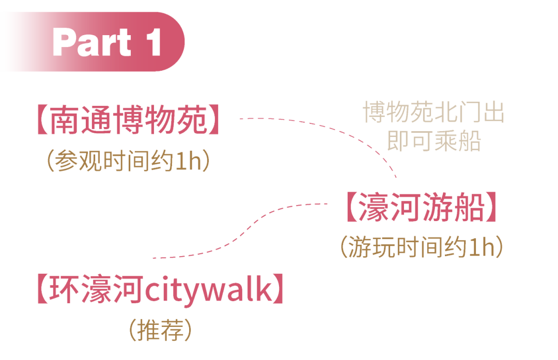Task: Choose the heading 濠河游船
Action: coord(422,207)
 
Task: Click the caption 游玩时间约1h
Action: coord(422,248)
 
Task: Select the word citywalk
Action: coord(207,291)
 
